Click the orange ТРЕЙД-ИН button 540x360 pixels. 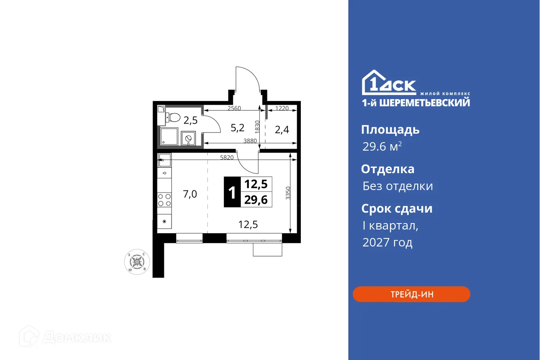(411, 294)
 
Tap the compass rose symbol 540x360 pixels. (137, 262)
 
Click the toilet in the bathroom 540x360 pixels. (174, 117)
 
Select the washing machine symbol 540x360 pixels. (188, 139)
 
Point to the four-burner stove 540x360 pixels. (164, 199)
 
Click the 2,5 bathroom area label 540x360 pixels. (190, 120)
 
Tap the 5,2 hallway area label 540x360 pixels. (237, 128)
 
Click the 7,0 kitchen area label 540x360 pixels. (190, 194)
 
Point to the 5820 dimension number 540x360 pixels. (227, 157)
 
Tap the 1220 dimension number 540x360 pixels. (282, 108)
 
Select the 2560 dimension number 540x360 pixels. (234, 108)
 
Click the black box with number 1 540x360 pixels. (232, 192)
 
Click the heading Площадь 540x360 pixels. (390, 130)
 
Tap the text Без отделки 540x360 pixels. (397, 186)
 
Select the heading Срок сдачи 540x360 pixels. (396, 209)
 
